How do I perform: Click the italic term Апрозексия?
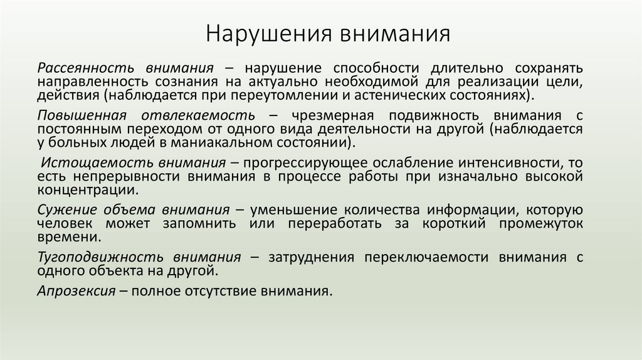[x=76, y=291]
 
